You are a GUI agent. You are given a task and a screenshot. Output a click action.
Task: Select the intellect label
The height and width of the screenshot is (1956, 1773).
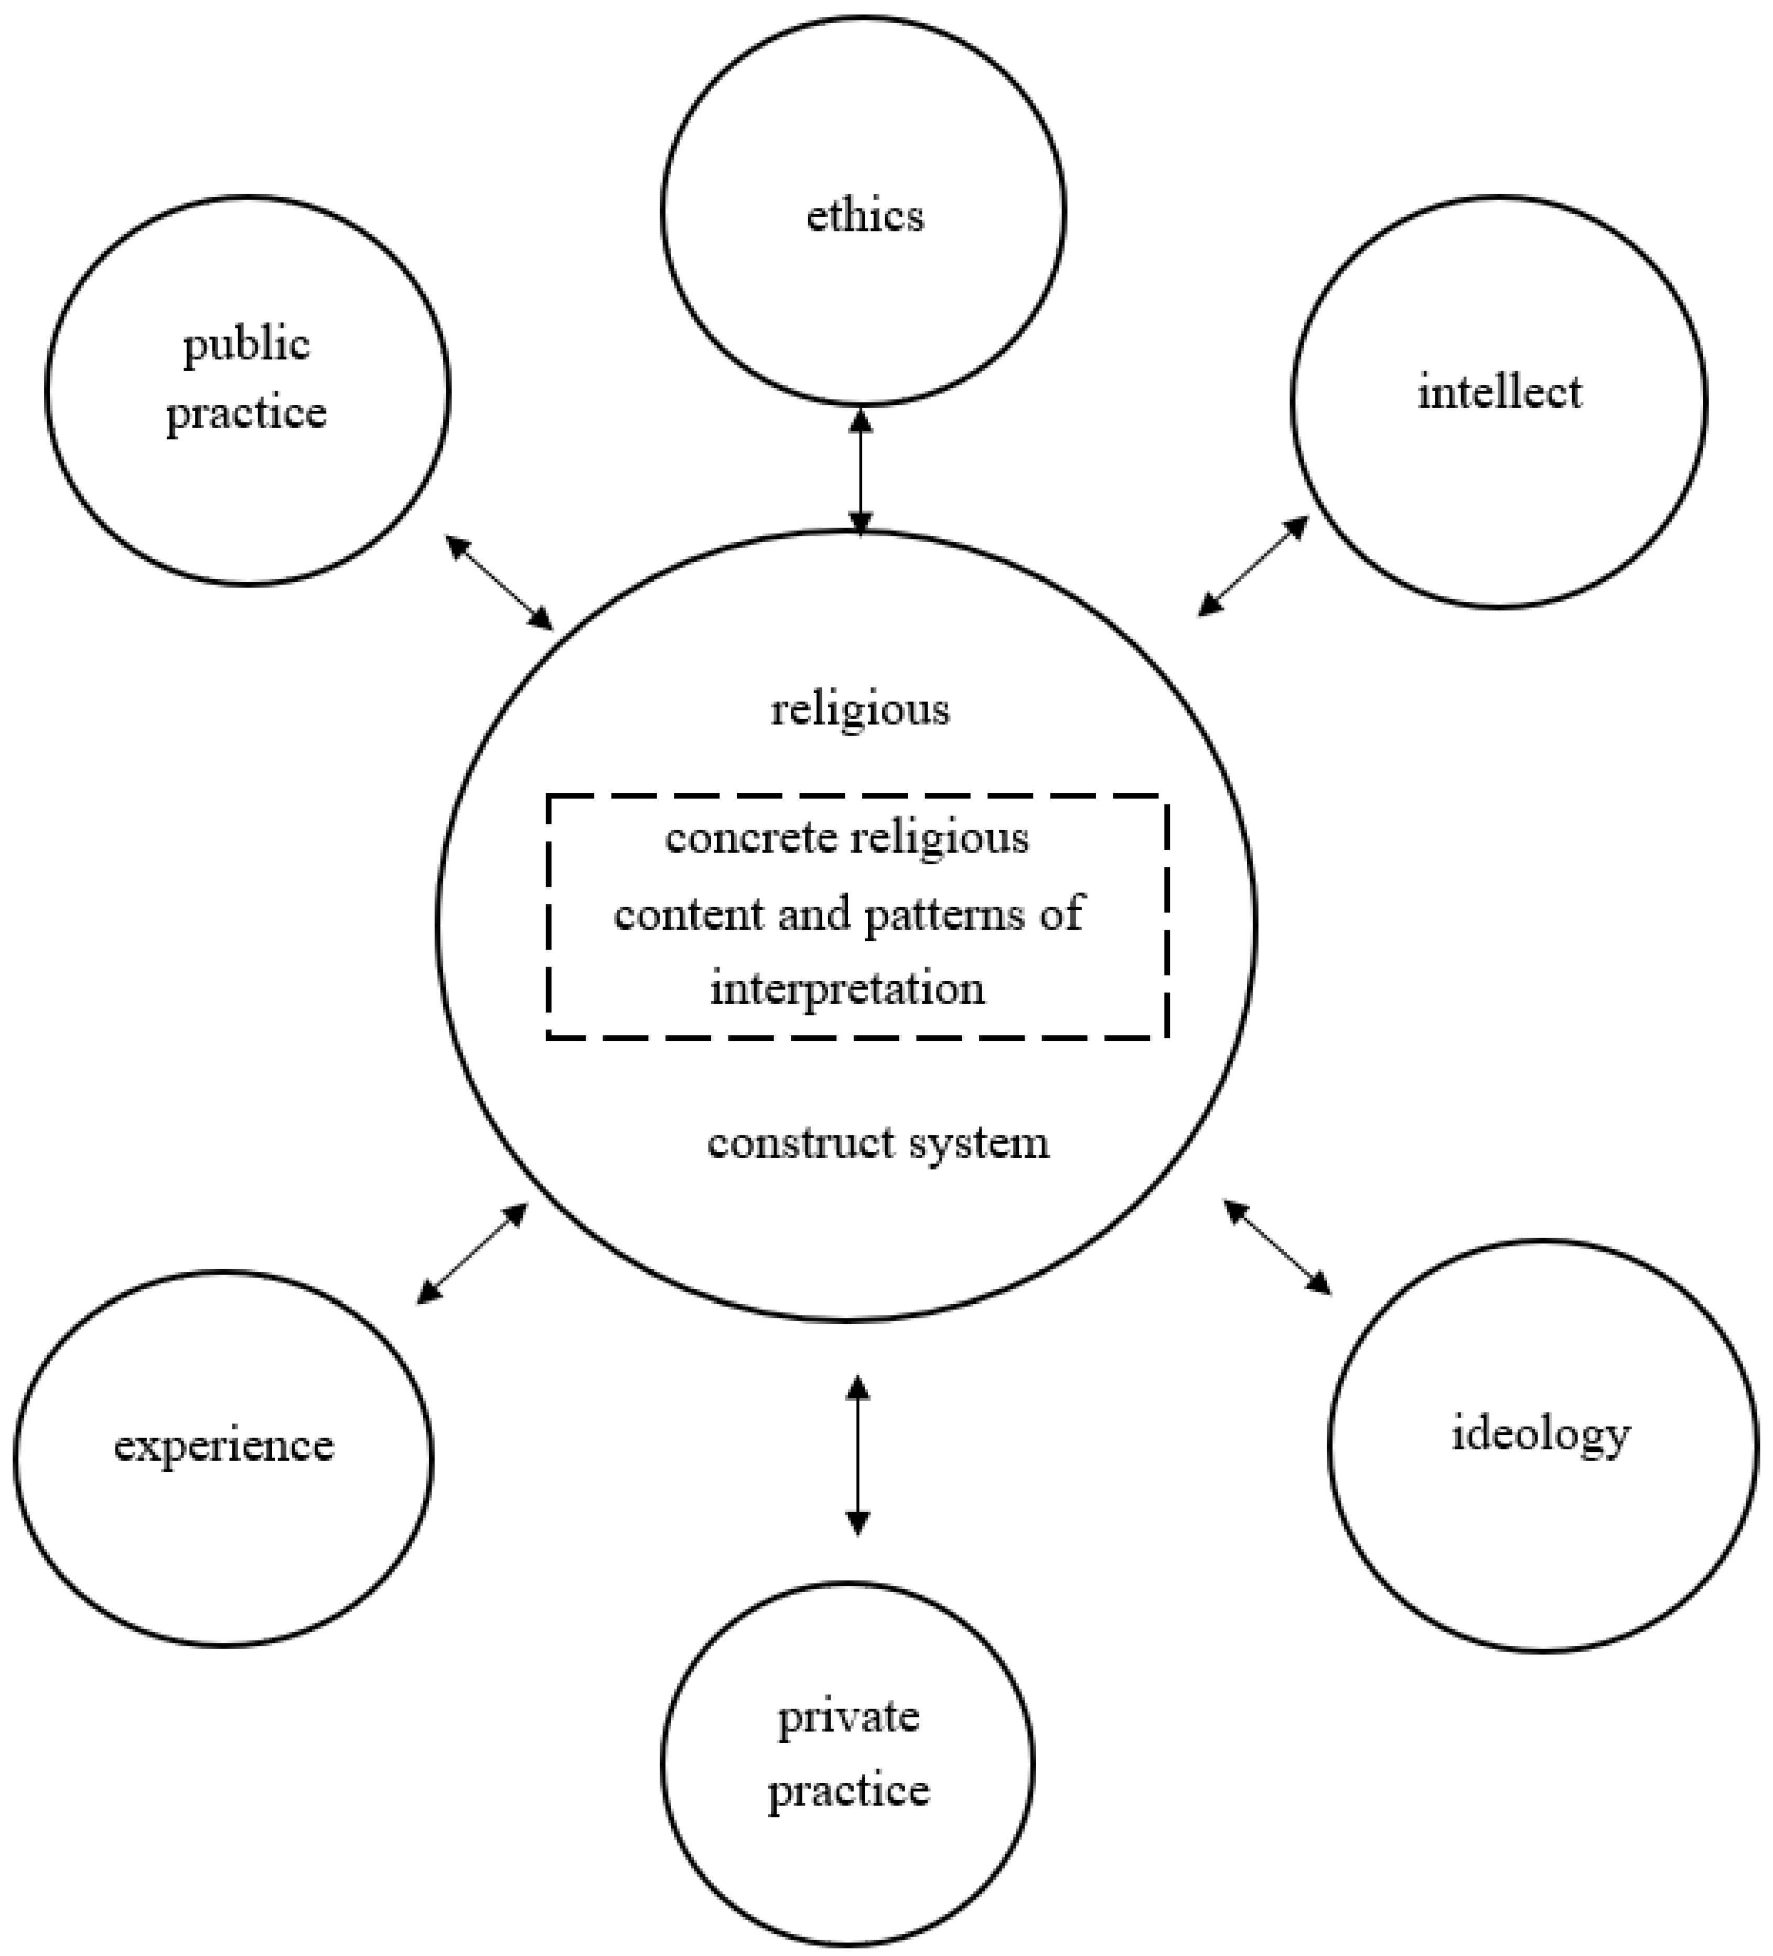click(x=1499, y=393)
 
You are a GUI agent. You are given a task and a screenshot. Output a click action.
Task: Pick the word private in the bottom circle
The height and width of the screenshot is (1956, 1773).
click(x=848, y=1717)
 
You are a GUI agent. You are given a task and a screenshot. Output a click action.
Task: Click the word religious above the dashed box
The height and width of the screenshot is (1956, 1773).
click(x=859, y=709)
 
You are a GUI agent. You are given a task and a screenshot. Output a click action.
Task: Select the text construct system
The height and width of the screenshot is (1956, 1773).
click(x=878, y=1142)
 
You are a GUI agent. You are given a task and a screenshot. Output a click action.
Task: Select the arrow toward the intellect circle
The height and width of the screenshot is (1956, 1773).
click(x=1253, y=567)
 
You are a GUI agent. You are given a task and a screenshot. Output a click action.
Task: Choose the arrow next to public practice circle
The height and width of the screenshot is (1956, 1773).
click(x=500, y=582)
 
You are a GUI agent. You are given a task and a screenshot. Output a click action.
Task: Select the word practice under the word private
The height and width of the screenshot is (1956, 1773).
click(x=848, y=1790)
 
